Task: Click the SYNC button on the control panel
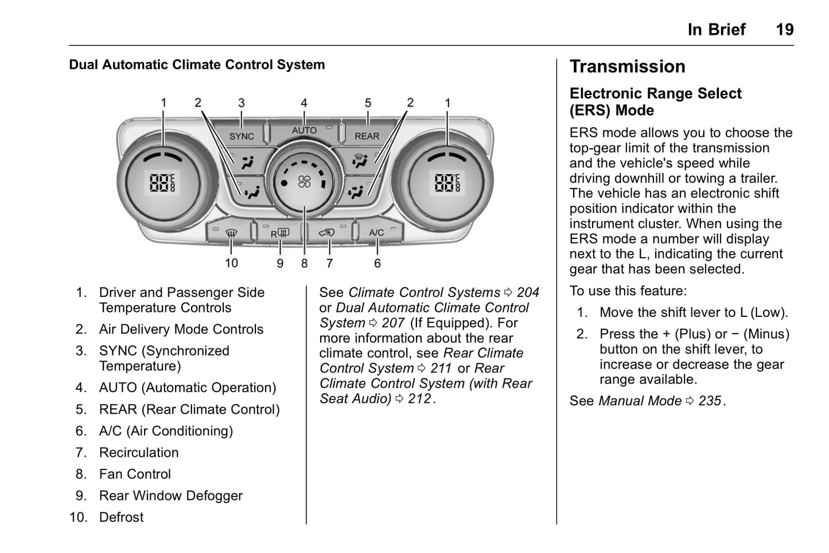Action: (x=242, y=136)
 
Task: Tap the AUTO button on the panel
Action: (x=304, y=131)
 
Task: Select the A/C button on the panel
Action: (x=376, y=233)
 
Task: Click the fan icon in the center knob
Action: (x=304, y=182)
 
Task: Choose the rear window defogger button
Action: (x=280, y=233)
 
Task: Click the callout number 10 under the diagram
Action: (x=231, y=263)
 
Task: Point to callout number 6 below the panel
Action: (x=377, y=264)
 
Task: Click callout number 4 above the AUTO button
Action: (x=304, y=103)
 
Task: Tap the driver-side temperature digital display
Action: (x=163, y=183)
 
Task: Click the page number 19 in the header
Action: (x=784, y=30)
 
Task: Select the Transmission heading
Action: (x=627, y=66)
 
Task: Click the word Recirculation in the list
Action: (x=139, y=453)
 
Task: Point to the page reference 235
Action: (x=710, y=401)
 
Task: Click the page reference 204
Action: (x=528, y=293)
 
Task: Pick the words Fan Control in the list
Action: (x=135, y=474)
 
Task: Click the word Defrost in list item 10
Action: (x=122, y=517)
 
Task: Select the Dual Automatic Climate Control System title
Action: (x=197, y=65)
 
